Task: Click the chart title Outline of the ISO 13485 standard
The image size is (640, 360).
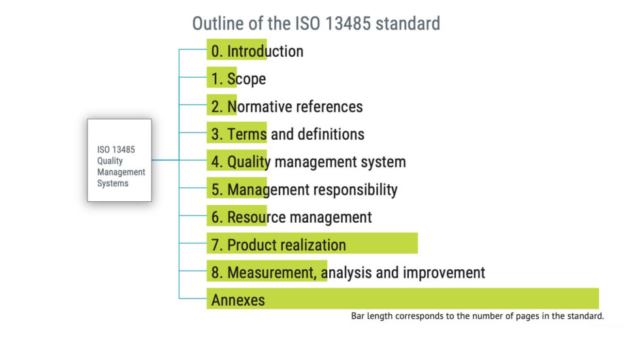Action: click(x=316, y=24)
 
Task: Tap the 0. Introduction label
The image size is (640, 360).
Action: click(x=257, y=52)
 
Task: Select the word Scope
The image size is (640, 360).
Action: click(x=247, y=79)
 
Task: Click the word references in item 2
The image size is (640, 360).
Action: click(x=329, y=106)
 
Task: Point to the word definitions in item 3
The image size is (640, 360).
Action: click(x=331, y=134)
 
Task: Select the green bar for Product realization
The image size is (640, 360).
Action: click(x=312, y=243)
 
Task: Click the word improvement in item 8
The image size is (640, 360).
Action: click(x=444, y=272)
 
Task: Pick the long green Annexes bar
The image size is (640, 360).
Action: click(x=402, y=299)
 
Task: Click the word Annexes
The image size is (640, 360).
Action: click(x=238, y=301)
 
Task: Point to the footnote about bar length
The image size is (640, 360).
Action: click(x=477, y=316)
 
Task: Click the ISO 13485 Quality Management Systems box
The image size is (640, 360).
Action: click(x=120, y=160)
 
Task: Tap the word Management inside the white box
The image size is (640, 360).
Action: click(x=121, y=172)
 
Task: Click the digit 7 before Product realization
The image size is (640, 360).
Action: click(x=215, y=245)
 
